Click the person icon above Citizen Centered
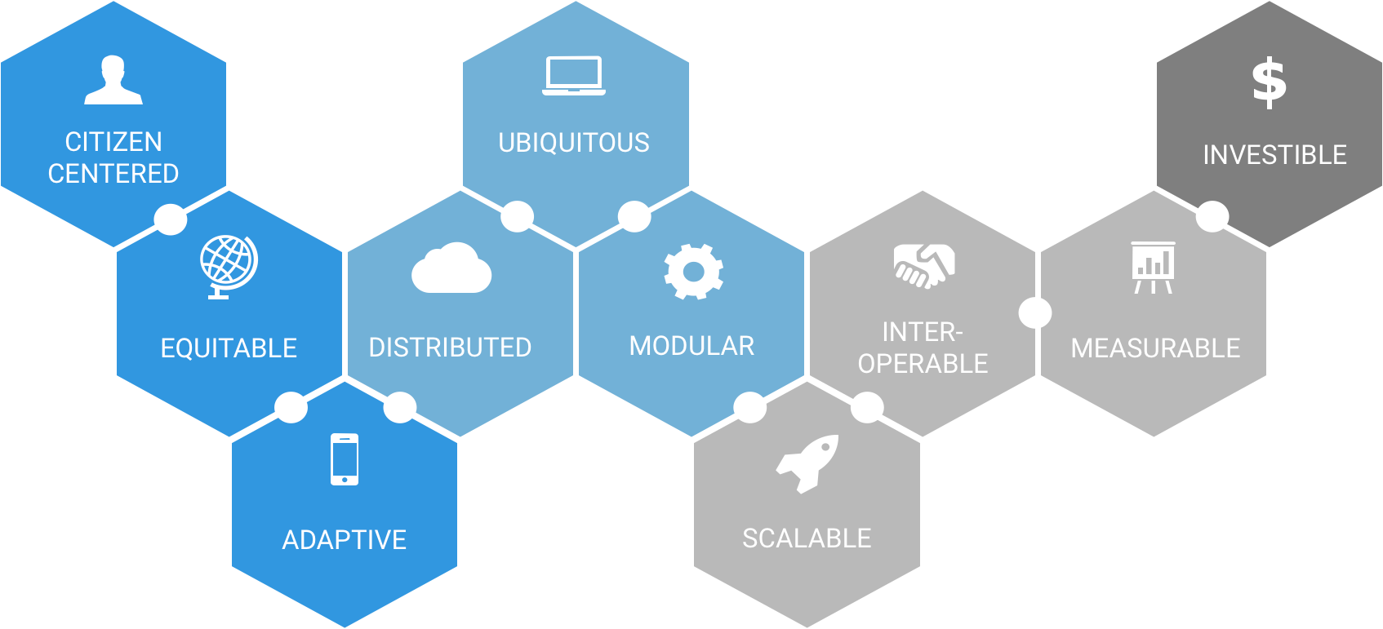pyautogui.click(x=113, y=80)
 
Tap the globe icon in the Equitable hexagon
pyautogui.click(x=229, y=266)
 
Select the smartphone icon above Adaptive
pyautogui.click(x=345, y=459)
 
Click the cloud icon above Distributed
pyautogui.click(x=451, y=268)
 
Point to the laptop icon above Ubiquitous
pyautogui.click(x=574, y=76)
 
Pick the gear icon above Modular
pyautogui.click(x=693, y=272)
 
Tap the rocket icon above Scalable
pyautogui.click(x=807, y=463)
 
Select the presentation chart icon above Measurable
pyautogui.click(x=1153, y=267)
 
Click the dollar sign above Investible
pyautogui.click(x=1270, y=82)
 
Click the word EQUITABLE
pyautogui.click(x=229, y=348)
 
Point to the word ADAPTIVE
pyautogui.click(x=345, y=540)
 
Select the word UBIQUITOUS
pyautogui.click(x=574, y=143)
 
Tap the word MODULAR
pyautogui.click(x=691, y=346)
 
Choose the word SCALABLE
pyautogui.click(x=807, y=538)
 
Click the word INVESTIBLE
pyautogui.click(x=1274, y=155)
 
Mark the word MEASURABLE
pyautogui.click(x=1155, y=348)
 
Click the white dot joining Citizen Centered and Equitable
pyautogui.click(x=171, y=219)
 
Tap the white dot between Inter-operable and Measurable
pyautogui.click(x=1035, y=312)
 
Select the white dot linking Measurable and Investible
pyautogui.click(x=1212, y=216)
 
